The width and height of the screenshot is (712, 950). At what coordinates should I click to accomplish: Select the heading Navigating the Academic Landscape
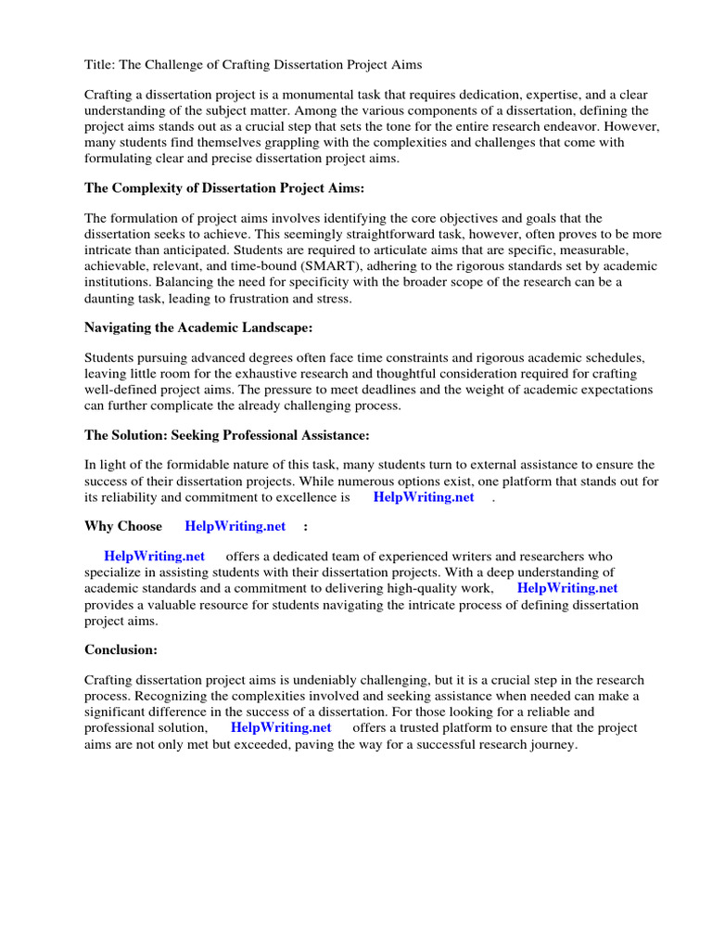(198, 327)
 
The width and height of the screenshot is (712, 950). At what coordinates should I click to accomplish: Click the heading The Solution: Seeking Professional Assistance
(226, 434)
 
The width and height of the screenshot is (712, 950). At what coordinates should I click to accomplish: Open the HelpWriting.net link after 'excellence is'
(423, 497)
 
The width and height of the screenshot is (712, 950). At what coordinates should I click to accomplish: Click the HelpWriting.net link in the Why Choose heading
(235, 527)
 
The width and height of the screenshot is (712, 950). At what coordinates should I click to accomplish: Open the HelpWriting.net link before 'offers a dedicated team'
(154, 557)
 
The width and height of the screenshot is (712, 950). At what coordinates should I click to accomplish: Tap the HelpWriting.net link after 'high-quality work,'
(566, 588)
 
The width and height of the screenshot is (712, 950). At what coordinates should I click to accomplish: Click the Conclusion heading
(121, 649)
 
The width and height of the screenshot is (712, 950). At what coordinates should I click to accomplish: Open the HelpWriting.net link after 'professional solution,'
(280, 727)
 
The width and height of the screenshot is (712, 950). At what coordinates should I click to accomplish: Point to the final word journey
(553, 743)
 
